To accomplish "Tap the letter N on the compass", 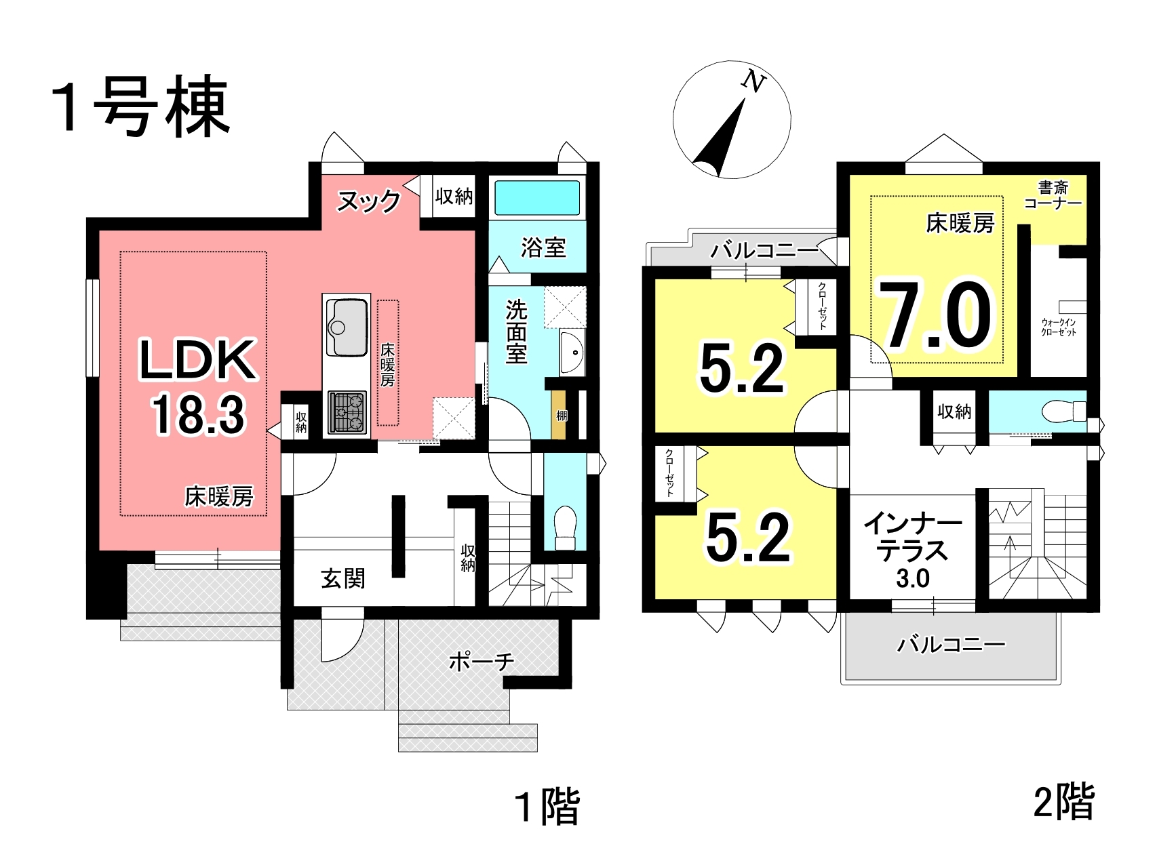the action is click(753, 82).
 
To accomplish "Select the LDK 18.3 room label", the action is click(198, 386).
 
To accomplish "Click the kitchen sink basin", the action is click(347, 326).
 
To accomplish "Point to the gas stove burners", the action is click(347, 412).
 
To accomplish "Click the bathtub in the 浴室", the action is click(537, 198).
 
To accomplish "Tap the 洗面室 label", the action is click(516, 332).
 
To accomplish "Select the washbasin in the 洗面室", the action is click(572, 353).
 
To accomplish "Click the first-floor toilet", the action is click(565, 529).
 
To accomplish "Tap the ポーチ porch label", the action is click(482, 661).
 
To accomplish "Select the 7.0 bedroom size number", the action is click(937, 316).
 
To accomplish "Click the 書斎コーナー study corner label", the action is click(1053, 195).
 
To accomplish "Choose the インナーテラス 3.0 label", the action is click(912, 550).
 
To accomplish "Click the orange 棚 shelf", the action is click(560, 416).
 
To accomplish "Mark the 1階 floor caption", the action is click(547, 807).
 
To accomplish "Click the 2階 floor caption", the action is click(1063, 801).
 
